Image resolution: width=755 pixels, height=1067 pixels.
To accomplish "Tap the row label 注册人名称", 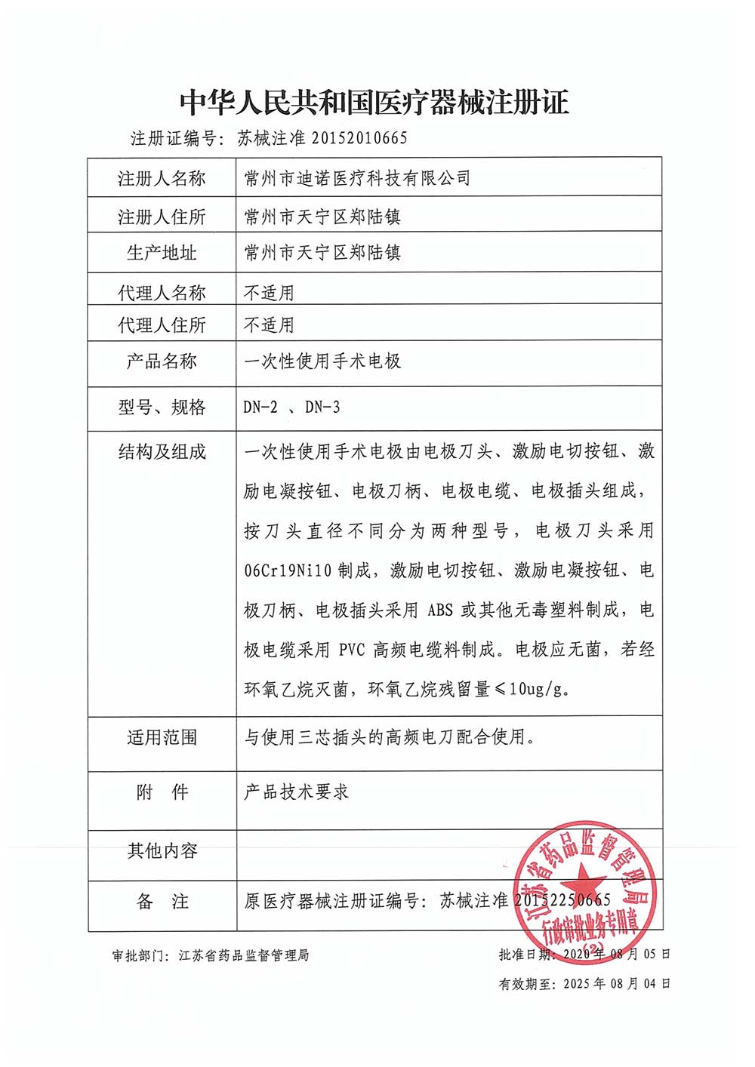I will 162,179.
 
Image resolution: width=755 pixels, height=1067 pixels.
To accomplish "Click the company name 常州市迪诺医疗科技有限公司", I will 357,178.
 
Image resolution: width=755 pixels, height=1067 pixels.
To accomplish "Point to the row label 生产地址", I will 162,253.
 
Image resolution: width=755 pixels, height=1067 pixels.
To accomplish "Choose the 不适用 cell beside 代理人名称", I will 269,293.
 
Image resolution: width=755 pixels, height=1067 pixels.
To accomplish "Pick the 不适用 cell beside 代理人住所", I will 269,325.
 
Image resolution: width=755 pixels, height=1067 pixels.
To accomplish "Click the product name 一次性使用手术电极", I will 322,361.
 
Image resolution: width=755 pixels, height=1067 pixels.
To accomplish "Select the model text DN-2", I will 260,407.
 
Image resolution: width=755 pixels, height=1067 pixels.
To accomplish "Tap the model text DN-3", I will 322,407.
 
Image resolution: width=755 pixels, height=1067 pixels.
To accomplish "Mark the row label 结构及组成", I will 162,452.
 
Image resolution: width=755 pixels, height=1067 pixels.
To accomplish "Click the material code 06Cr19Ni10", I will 288,570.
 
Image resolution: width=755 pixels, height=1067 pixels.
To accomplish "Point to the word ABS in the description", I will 440,610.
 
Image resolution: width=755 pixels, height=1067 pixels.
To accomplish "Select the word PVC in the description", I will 352,650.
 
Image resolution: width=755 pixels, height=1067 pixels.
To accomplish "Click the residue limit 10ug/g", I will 540,689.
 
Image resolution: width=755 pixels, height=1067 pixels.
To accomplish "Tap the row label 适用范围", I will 162,737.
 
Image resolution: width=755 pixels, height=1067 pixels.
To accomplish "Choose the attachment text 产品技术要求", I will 296,792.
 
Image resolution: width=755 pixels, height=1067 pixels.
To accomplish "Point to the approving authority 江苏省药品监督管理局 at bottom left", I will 244,955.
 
